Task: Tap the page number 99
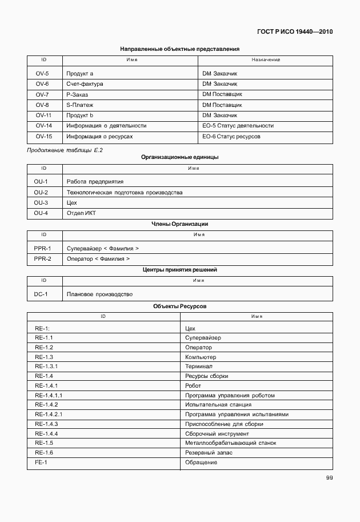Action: pyautogui.click(x=329, y=478)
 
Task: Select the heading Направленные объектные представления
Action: pyautogui.click(x=179, y=49)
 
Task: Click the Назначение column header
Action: pyautogui.click(x=265, y=60)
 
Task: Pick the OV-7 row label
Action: pyautogui.click(x=42, y=94)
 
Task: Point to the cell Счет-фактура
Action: pyautogui.click(x=84, y=84)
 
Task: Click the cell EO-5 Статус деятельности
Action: pyautogui.click(x=238, y=125)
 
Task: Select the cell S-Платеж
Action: pyautogui.click(x=79, y=105)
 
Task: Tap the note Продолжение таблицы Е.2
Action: pyautogui.click(x=65, y=150)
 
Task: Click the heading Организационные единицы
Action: pyautogui.click(x=179, y=157)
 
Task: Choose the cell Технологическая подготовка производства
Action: pyautogui.click(x=124, y=193)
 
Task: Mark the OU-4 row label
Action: pyautogui.click(x=41, y=213)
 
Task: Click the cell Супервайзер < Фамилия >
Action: pyautogui.click(x=103, y=249)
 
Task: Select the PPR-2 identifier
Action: pyautogui.click(x=42, y=259)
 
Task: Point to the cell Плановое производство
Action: pyautogui.click(x=99, y=294)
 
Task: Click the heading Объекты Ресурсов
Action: pyautogui.click(x=179, y=306)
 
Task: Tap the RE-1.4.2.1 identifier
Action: pyautogui.click(x=49, y=414)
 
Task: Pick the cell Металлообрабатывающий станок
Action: pyautogui.click(x=230, y=443)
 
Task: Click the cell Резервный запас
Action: pyautogui.click(x=209, y=453)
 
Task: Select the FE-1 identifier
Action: pyautogui.click(x=41, y=462)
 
